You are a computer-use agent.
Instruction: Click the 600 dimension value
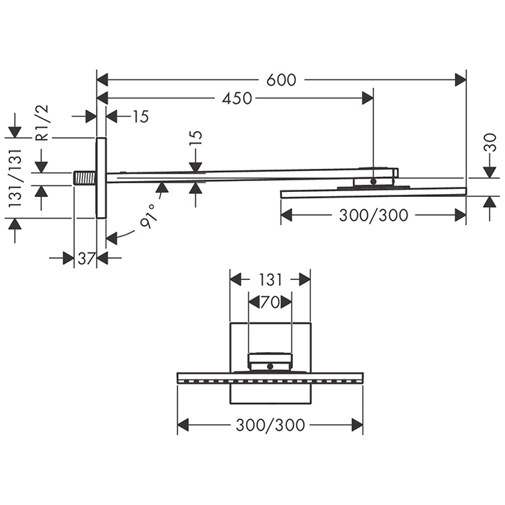click(281, 80)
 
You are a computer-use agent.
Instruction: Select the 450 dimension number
click(237, 98)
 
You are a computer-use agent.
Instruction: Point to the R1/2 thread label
click(42, 123)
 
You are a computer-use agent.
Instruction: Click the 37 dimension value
click(85, 258)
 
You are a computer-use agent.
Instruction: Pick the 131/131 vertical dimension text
click(15, 178)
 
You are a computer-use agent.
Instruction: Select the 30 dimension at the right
click(490, 143)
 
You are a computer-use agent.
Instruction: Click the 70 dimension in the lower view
click(270, 302)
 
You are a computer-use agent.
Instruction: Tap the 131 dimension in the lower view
click(270, 280)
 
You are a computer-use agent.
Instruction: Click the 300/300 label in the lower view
click(271, 425)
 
